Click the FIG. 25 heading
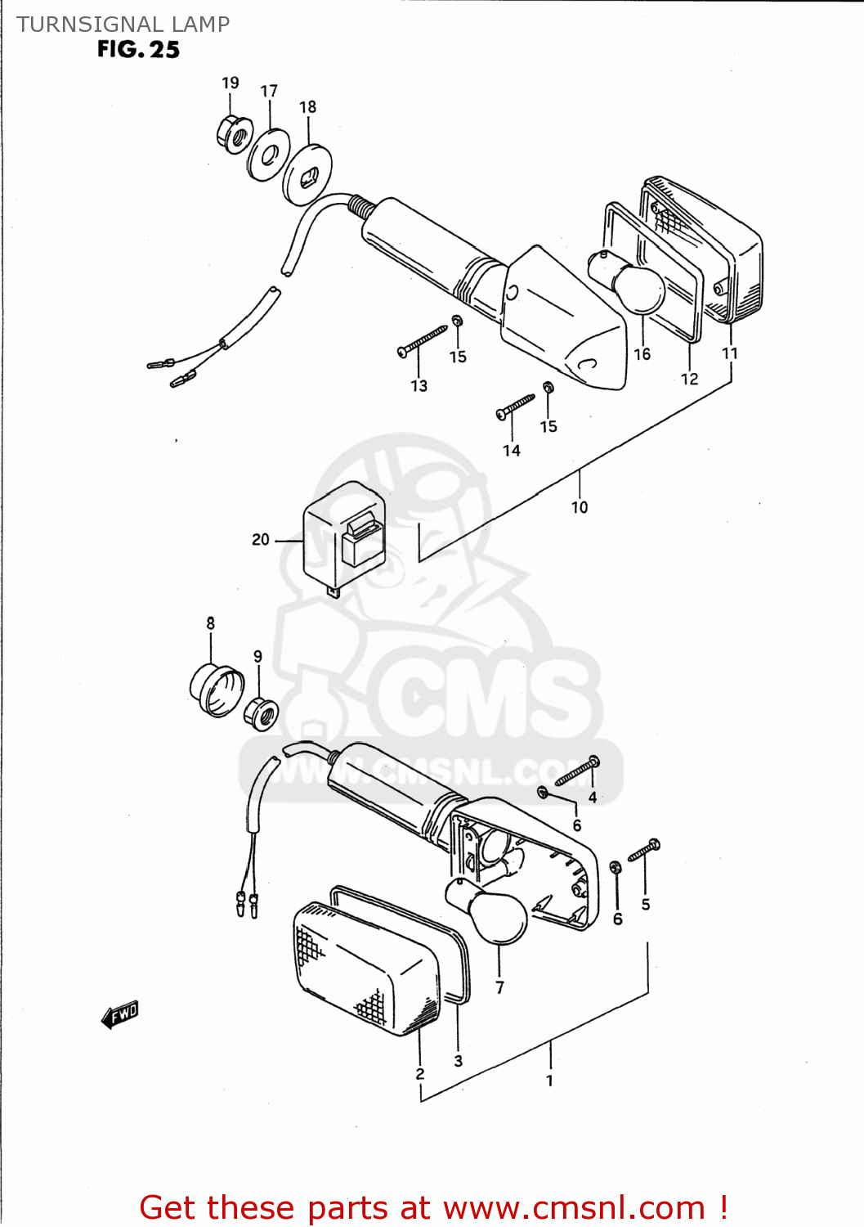138,50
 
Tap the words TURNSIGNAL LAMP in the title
123,25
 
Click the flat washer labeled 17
269,153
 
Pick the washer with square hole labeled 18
307,174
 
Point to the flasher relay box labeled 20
344,537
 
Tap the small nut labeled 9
262,713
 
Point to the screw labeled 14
515,406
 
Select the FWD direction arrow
120,1015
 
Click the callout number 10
580,507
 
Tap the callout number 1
549,1081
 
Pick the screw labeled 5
643,851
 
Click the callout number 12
690,379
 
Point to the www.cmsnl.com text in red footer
574,1207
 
